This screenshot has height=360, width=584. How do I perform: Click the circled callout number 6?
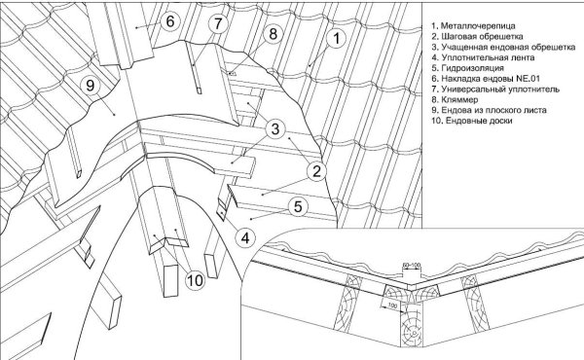(169, 21)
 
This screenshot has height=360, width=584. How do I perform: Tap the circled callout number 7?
(218, 23)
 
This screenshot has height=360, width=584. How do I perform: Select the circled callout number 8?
(274, 34)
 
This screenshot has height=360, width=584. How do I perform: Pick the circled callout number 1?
(336, 38)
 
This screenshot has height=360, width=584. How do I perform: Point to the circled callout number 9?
(91, 86)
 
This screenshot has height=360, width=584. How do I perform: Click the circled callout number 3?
(275, 129)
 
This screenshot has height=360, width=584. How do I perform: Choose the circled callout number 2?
(316, 171)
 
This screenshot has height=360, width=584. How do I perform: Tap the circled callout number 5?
(298, 206)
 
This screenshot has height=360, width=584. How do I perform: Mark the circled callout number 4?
(245, 237)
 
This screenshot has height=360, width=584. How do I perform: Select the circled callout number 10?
(195, 280)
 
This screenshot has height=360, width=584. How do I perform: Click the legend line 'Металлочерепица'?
(473, 25)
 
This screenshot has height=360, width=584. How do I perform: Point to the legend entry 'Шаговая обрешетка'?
(478, 36)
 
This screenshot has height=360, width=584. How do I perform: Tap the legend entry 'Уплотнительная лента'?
(483, 57)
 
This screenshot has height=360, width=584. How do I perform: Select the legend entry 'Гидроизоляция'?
(468, 68)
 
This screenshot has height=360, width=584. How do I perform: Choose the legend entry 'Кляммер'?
(455, 100)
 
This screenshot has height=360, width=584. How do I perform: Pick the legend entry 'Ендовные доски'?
(472, 121)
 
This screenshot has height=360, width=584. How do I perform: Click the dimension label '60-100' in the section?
(412, 265)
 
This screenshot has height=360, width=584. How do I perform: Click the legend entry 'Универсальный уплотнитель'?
(495, 90)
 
